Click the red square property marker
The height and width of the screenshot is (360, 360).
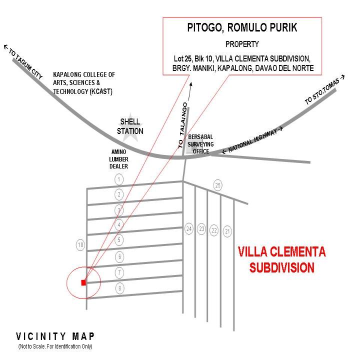coord(83,282)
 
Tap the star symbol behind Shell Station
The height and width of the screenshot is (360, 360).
coord(129,126)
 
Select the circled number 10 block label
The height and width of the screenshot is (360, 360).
coord(80,245)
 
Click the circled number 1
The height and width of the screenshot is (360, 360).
coord(119,179)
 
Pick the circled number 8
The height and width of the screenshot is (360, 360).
coord(119,288)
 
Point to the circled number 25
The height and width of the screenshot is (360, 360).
coord(217,185)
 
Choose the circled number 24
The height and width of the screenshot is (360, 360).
coord(189,229)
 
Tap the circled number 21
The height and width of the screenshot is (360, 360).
coord(227,231)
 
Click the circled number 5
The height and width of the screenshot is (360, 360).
coord(119,240)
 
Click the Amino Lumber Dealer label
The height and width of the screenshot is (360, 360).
coord(119,158)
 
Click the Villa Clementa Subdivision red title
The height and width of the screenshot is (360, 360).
coord(281,259)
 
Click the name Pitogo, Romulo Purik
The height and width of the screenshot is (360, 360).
coord(242,28)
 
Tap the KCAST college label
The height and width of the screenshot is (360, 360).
coord(84,83)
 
